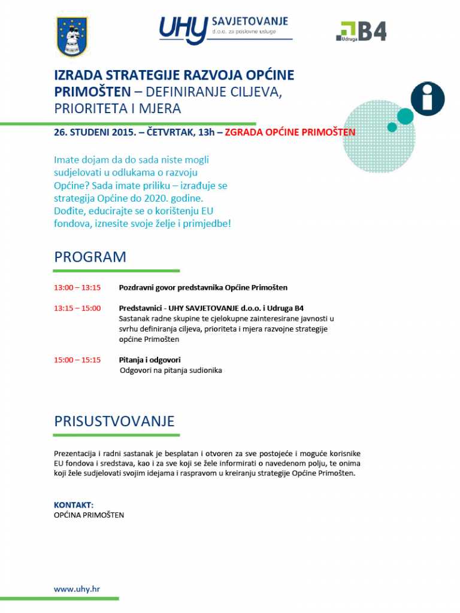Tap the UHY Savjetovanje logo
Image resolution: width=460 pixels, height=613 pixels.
pos(225,30)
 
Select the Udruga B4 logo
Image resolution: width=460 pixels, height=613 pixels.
pos(361,32)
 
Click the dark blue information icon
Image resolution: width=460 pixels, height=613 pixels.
pos(428,99)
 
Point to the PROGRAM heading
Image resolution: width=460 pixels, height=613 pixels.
pos(90,257)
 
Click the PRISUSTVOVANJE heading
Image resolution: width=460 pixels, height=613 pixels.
pos(114,421)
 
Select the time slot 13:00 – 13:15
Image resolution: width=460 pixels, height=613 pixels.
pos(77,287)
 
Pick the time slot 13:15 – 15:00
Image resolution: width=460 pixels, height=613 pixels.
pos(77,308)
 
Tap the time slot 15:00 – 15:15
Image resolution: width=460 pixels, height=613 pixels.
pos(77,360)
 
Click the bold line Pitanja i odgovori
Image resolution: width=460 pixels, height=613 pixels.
pos(150,360)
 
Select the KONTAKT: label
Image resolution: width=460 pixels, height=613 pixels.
pos(74,505)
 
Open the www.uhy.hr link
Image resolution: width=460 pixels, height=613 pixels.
pos(77,589)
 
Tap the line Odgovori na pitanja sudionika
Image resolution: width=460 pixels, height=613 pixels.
pos(171,371)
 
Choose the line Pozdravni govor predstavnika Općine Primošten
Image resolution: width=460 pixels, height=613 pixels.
pos(203,287)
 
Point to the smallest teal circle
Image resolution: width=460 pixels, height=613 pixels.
pos(392,127)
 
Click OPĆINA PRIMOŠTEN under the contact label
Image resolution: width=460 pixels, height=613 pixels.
pos(89,515)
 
